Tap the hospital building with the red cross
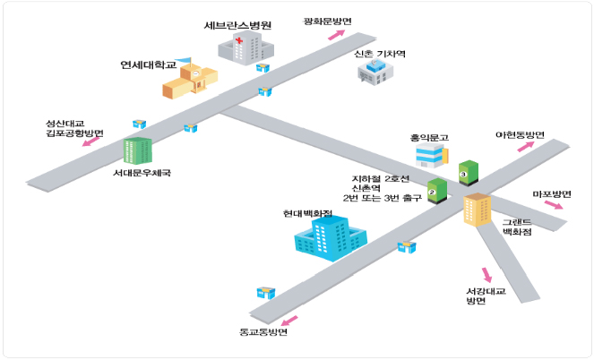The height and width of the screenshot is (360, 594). click(237, 48)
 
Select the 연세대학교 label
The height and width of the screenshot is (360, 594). click(149, 64)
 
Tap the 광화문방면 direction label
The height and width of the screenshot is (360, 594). click(328, 21)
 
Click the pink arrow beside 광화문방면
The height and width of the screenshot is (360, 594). click(336, 35)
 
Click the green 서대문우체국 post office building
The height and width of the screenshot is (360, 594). click(137, 150)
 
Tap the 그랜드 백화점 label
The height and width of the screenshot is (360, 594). click(517, 226)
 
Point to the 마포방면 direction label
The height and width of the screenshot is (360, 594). click(552, 194)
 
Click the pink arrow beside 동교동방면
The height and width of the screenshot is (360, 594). click(287, 321)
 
